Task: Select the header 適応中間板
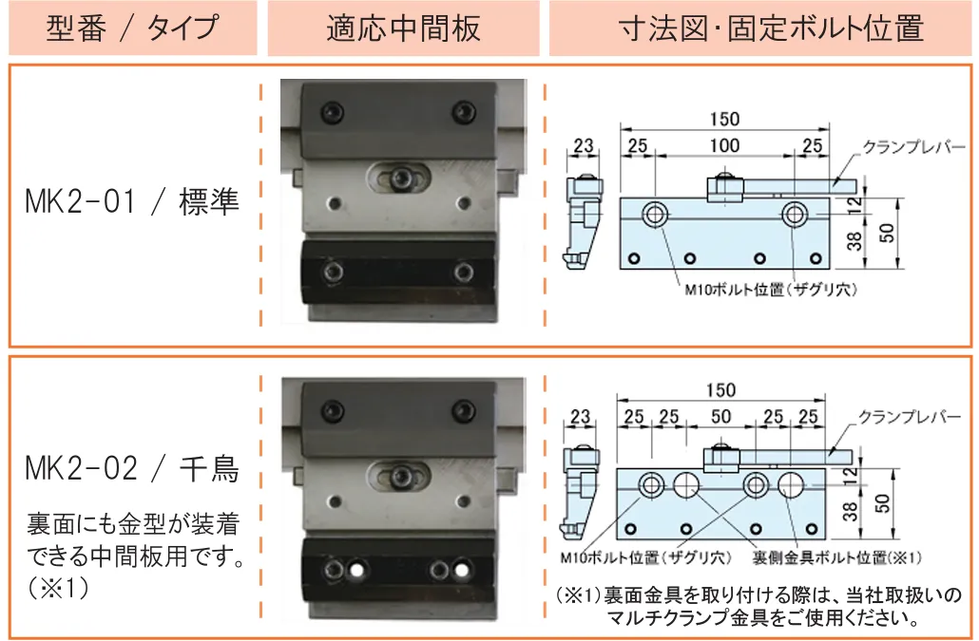point(403,28)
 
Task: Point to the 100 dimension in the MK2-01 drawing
point(724,147)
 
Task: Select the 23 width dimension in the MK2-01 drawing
point(583,147)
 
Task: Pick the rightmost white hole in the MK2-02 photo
point(463,571)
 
